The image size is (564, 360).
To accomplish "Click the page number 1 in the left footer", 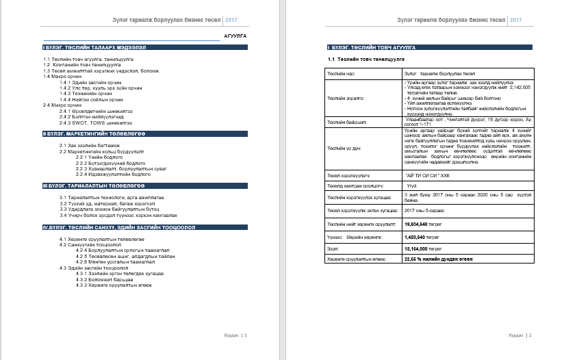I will [245, 335].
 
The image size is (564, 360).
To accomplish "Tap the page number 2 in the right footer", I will [530, 335].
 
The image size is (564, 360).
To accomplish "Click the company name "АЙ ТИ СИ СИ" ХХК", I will [429, 176].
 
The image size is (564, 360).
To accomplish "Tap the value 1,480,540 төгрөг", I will [425, 236].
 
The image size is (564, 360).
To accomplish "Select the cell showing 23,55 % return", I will [439, 259].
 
